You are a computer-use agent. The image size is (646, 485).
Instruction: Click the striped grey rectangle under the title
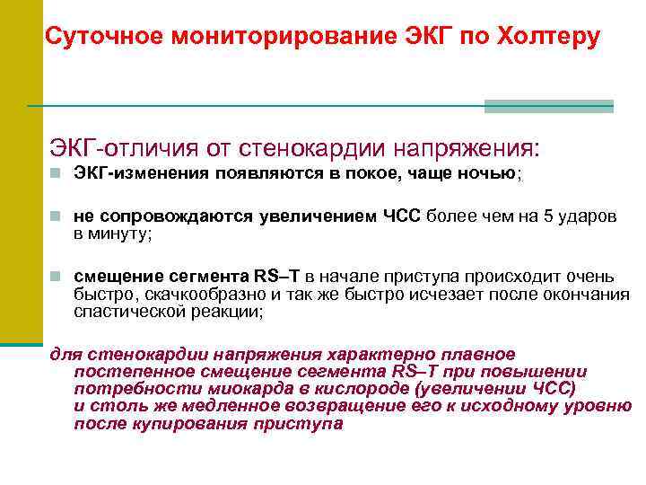click(x=548, y=106)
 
